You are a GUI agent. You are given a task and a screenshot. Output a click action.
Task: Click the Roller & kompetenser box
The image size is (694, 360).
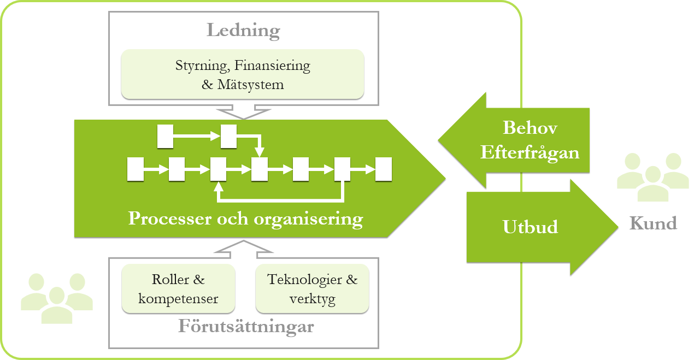pyautogui.click(x=178, y=289)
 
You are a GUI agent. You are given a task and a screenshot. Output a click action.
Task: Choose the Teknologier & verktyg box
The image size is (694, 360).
pyautogui.click(x=312, y=289)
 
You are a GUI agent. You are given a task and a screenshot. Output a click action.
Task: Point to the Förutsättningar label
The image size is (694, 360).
pyautogui.click(x=246, y=327)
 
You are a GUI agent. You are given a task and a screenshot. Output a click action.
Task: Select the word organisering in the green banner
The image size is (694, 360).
pyautogui.click(x=309, y=219)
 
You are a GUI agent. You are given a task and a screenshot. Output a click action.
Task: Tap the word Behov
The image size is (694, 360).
pyautogui.click(x=530, y=128)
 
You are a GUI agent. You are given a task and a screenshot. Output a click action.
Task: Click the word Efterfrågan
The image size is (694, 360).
pyautogui.click(x=530, y=152)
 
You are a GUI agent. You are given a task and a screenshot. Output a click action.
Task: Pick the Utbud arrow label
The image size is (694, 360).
pyautogui.click(x=530, y=227)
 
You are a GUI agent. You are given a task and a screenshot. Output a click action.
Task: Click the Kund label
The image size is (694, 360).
pyautogui.click(x=653, y=223)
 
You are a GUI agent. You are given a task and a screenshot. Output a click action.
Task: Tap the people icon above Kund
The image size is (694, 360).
pyautogui.click(x=652, y=176)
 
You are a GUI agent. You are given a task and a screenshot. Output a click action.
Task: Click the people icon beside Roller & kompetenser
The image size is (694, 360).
pyautogui.click(x=57, y=298)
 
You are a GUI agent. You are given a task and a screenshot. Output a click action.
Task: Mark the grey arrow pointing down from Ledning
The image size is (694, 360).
pyautogui.click(x=243, y=113)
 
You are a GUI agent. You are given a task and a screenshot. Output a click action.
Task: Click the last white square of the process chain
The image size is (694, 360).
pyautogui.click(x=384, y=169)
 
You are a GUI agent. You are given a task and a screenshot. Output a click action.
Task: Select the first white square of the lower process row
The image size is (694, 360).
pyautogui.click(x=135, y=169)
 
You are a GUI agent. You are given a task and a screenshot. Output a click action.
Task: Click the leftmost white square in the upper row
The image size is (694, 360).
pyautogui.click(x=165, y=137)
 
